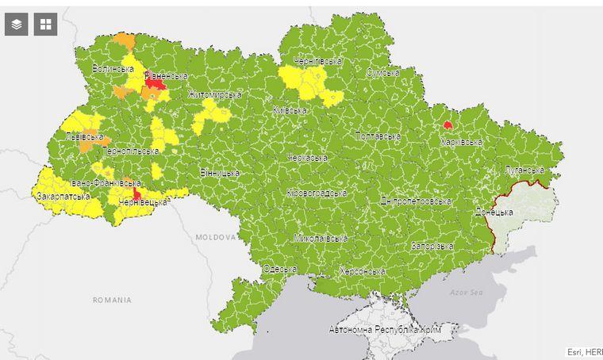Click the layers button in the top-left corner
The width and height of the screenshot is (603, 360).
point(17,24)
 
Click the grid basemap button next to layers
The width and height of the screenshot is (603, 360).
point(46,24)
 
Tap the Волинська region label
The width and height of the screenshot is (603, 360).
point(112,69)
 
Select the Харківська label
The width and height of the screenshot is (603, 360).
point(461,142)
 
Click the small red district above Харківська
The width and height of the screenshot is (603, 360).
point(448,124)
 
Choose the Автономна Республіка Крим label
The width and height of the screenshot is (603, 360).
point(385,329)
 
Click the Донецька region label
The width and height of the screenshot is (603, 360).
point(494,213)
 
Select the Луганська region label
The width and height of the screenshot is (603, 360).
point(524,170)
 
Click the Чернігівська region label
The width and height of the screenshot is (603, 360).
point(317,61)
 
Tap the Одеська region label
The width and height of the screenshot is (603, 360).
point(279,270)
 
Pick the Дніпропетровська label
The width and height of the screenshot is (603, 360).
point(416,201)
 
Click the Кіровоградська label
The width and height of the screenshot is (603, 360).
point(317,193)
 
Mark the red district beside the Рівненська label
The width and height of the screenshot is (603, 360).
point(155,83)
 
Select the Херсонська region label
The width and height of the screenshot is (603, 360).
point(362,271)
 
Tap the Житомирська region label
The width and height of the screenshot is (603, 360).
point(214,95)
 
